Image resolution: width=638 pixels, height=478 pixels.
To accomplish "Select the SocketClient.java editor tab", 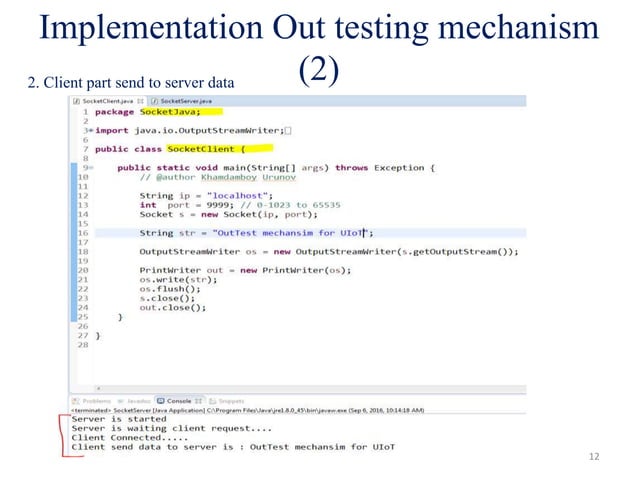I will pos(109,101).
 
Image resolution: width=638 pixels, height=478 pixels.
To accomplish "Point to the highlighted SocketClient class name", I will pos(205,149).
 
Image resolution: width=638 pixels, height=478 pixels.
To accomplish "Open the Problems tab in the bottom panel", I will pos(96,399).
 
